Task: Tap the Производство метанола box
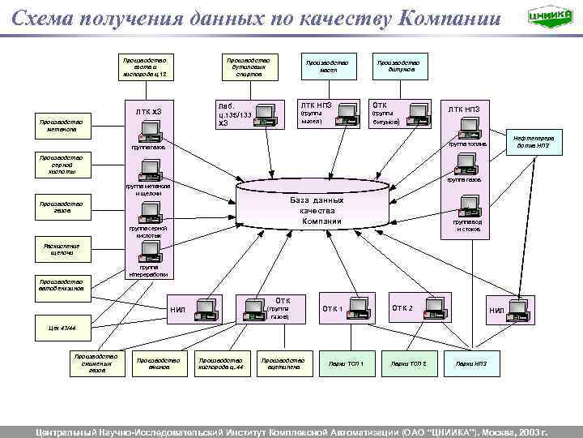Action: tap(57, 124)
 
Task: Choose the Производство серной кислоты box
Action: tap(57, 165)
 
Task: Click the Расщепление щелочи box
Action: tap(57, 249)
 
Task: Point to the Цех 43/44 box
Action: tap(57, 328)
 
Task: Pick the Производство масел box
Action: tap(327, 67)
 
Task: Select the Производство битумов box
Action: tap(397, 67)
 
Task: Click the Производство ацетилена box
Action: tap(283, 363)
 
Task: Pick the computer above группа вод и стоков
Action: tap(467, 204)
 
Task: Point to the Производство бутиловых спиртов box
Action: tap(249, 67)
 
